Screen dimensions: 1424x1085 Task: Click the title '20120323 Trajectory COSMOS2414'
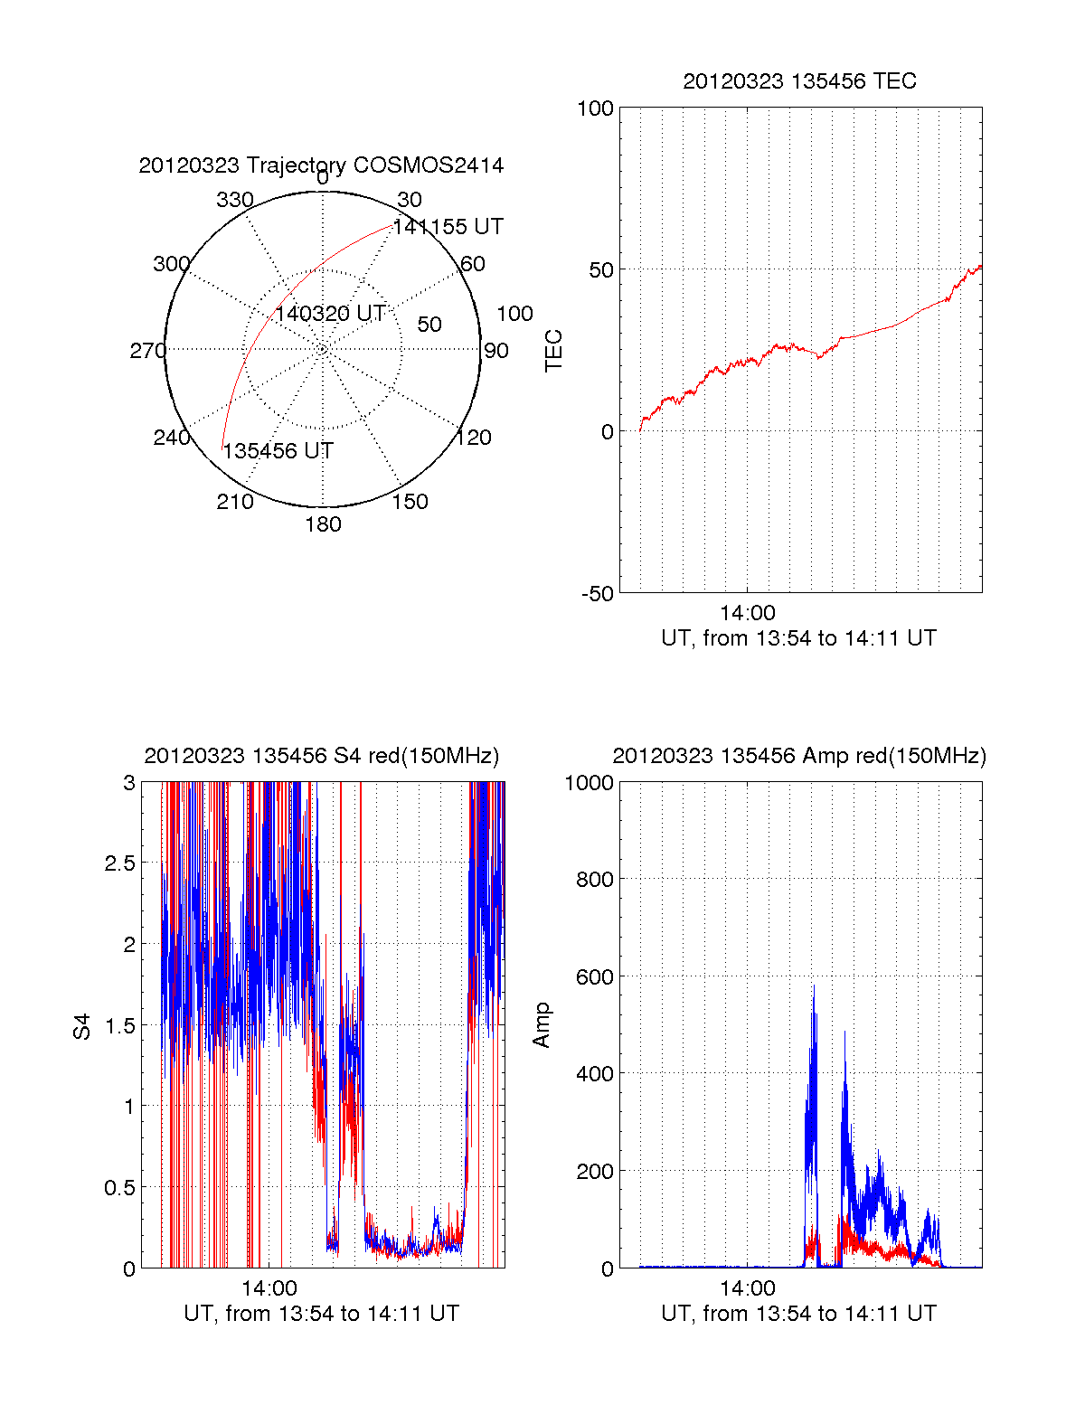(x=321, y=165)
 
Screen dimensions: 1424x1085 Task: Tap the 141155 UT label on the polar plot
(x=448, y=227)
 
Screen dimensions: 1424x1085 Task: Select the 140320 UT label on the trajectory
(x=330, y=314)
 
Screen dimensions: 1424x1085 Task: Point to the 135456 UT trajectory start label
(x=278, y=451)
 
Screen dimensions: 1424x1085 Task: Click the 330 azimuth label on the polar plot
(x=235, y=200)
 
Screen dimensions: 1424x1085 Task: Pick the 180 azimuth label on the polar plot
(x=323, y=524)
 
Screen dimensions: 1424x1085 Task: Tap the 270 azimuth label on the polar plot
(x=147, y=351)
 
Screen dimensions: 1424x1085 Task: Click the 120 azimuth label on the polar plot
(x=474, y=439)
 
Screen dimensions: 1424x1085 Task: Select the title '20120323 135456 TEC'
(x=799, y=81)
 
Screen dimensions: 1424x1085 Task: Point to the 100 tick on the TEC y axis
(x=595, y=108)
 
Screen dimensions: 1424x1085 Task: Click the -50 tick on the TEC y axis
(x=597, y=594)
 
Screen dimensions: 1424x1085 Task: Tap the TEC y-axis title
(x=553, y=351)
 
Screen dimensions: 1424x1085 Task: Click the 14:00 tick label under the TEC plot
(x=748, y=613)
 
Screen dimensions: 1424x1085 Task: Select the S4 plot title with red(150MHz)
(x=321, y=756)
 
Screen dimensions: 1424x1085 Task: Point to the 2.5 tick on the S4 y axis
(x=119, y=863)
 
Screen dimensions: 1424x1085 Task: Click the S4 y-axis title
(x=82, y=1026)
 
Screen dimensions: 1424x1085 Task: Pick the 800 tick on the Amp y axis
(x=594, y=879)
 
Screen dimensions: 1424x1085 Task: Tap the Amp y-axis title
(x=541, y=1025)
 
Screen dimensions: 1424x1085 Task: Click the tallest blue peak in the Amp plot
(x=813, y=987)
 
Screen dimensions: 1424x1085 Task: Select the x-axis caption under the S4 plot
(x=321, y=1314)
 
